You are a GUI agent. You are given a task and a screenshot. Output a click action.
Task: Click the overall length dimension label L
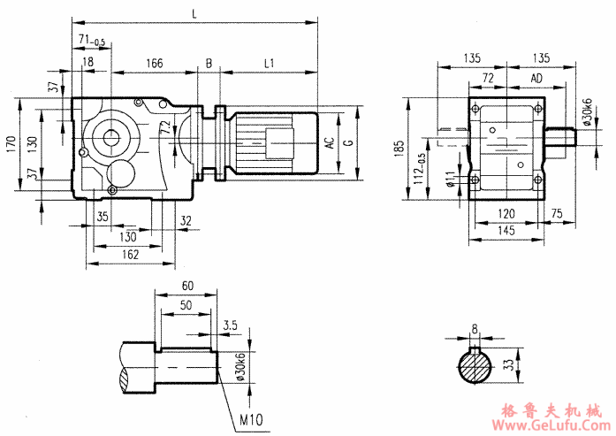coord(193,12)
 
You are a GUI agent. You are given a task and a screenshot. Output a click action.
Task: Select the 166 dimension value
coord(154,63)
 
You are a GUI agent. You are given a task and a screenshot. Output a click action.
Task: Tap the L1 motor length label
coord(270,63)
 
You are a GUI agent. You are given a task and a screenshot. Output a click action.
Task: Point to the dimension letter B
coord(209,63)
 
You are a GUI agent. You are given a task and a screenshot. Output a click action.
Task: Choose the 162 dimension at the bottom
coord(129,255)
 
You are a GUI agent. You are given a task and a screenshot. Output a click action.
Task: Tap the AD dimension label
coord(536,79)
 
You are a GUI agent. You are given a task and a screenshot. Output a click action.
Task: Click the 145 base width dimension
coord(506,231)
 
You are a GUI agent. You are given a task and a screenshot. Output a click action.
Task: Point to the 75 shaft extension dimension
coord(558,212)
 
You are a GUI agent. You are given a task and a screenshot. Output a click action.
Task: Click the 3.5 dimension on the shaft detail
coord(230,325)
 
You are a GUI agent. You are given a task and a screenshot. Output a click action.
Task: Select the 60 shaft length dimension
coord(186,287)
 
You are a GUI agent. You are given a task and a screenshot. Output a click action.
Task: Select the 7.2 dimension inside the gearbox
coord(164,128)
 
